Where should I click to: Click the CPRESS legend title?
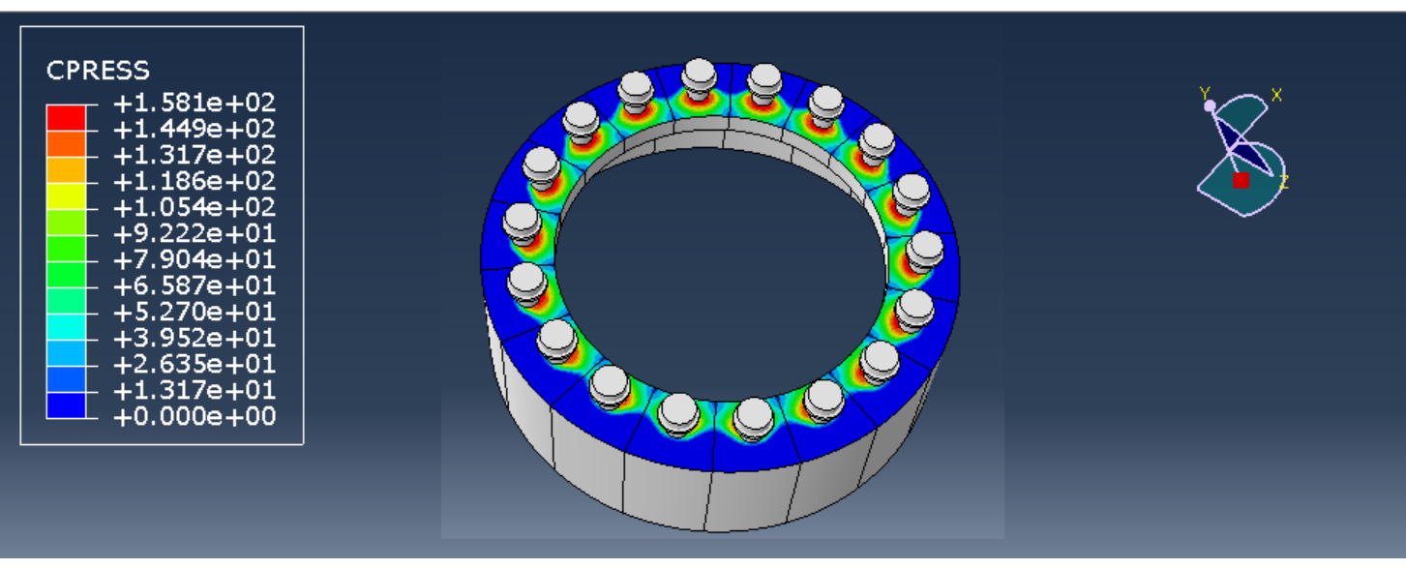pos(98,71)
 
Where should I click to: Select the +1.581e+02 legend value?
pos(194,103)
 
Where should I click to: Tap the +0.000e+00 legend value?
pos(194,417)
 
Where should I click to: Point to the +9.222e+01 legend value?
pos(194,233)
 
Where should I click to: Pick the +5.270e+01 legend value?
pos(194,313)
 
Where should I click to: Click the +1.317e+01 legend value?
pos(194,391)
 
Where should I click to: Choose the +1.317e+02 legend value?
pos(194,155)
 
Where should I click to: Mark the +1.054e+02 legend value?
pos(194,207)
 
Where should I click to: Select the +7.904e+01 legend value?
pos(194,259)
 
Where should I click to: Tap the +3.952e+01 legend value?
pos(194,339)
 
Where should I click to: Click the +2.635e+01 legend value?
pos(194,365)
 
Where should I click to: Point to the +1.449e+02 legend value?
pos(194,129)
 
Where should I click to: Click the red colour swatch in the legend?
pos(66,116)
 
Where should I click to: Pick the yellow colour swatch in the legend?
pos(66,195)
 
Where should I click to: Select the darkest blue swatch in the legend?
pos(66,404)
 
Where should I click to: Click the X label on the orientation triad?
pos(1276,95)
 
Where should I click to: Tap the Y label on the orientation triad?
pos(1205,94)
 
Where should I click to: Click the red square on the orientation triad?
pos(1241,180)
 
